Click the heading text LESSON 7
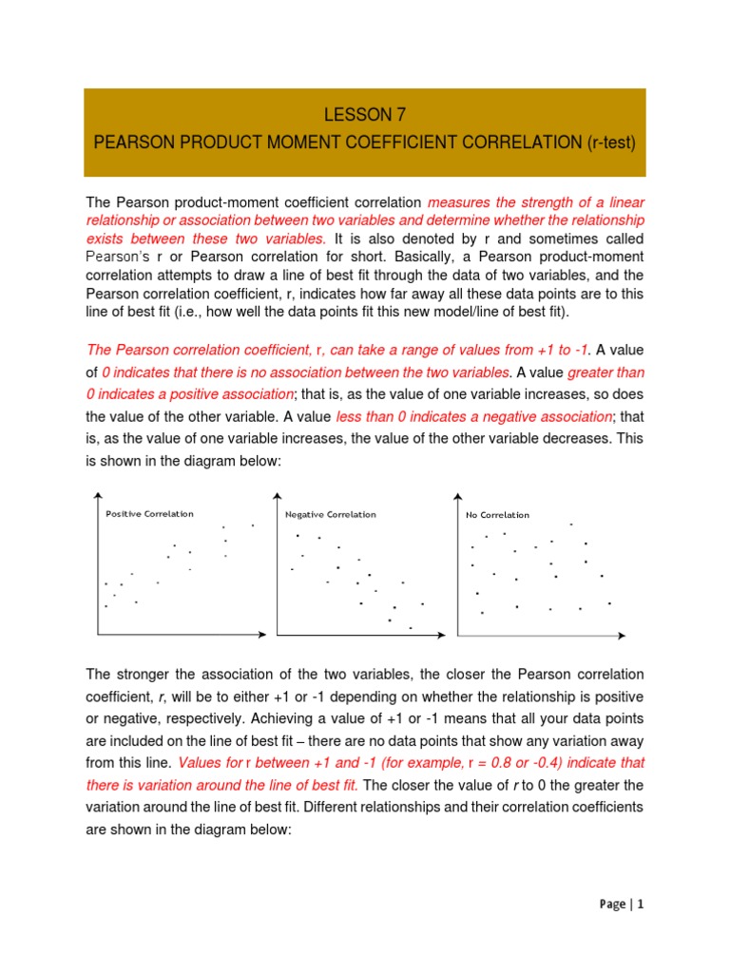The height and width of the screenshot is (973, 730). (x=365, y=116)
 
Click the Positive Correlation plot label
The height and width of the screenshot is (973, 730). (x=149, y=514)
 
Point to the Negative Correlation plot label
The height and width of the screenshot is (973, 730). (x=330, y=515)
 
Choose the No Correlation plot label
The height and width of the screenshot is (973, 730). (x=497, y=515)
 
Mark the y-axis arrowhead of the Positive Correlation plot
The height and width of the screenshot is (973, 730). (x=97, y=493)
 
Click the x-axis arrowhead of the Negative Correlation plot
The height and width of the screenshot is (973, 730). (x=449, y=634)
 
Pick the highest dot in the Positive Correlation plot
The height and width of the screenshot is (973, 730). (x=253, y=525)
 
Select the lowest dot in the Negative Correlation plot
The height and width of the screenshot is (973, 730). (x=411, y=627)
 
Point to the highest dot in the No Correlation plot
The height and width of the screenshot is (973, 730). (x=571, y=525)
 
